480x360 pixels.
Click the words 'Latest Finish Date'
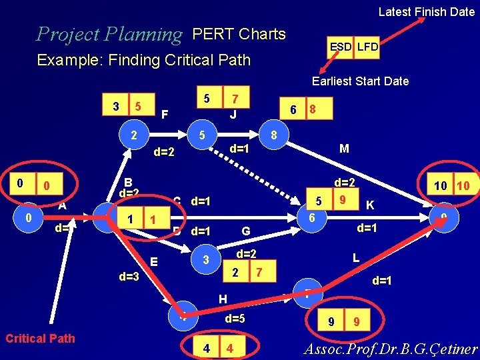coord(426,11)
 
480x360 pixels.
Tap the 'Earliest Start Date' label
coord(360,81)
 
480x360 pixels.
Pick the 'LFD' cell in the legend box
coord(367,47)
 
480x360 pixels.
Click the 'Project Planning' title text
coord(109,34)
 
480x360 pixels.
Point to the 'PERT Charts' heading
coord(239,34)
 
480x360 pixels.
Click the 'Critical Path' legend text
coord(40,338)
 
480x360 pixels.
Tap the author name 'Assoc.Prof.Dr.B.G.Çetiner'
coord(391,349)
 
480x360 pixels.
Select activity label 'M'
coord(344,149)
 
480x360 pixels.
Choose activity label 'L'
coord(356,257)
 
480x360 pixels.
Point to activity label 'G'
coord(245,231)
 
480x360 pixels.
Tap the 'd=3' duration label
coord(129,277)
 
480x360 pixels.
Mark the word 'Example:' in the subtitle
coord(65,60)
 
